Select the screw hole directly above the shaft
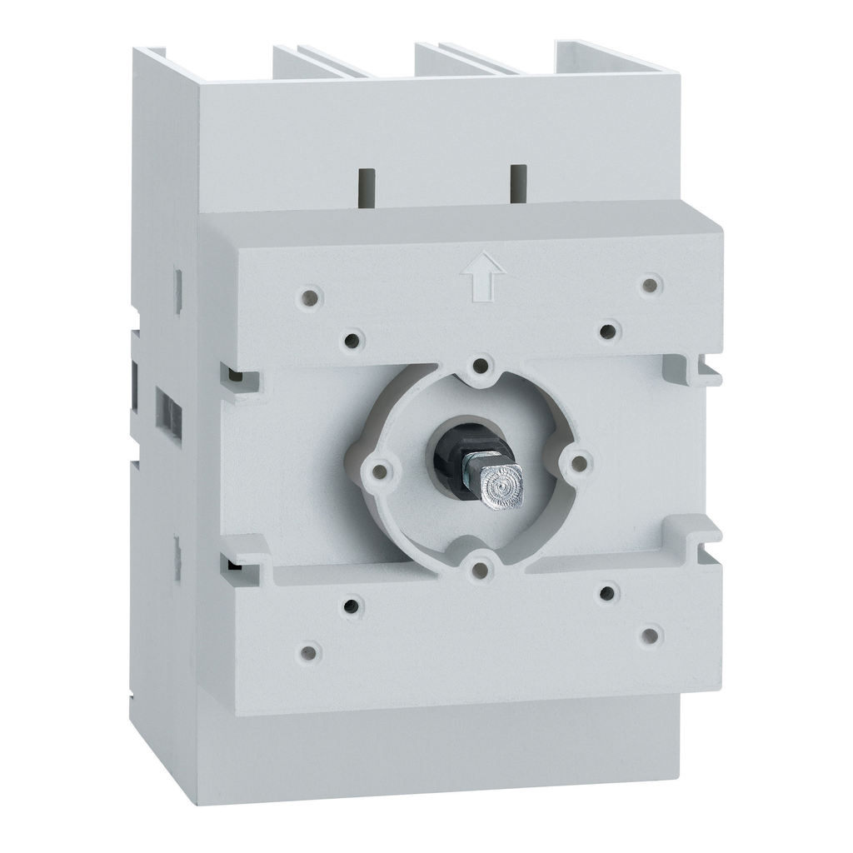pyautogui.click(x=481, y=364)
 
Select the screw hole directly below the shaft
pyautogui.click(x=480, y=569)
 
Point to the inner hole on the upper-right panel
pyautogui.click(x=608, y=331)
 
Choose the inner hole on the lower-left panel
pyautogui.click(x=352, y=604)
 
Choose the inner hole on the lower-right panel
pyautogui.click(x=608, y=592)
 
